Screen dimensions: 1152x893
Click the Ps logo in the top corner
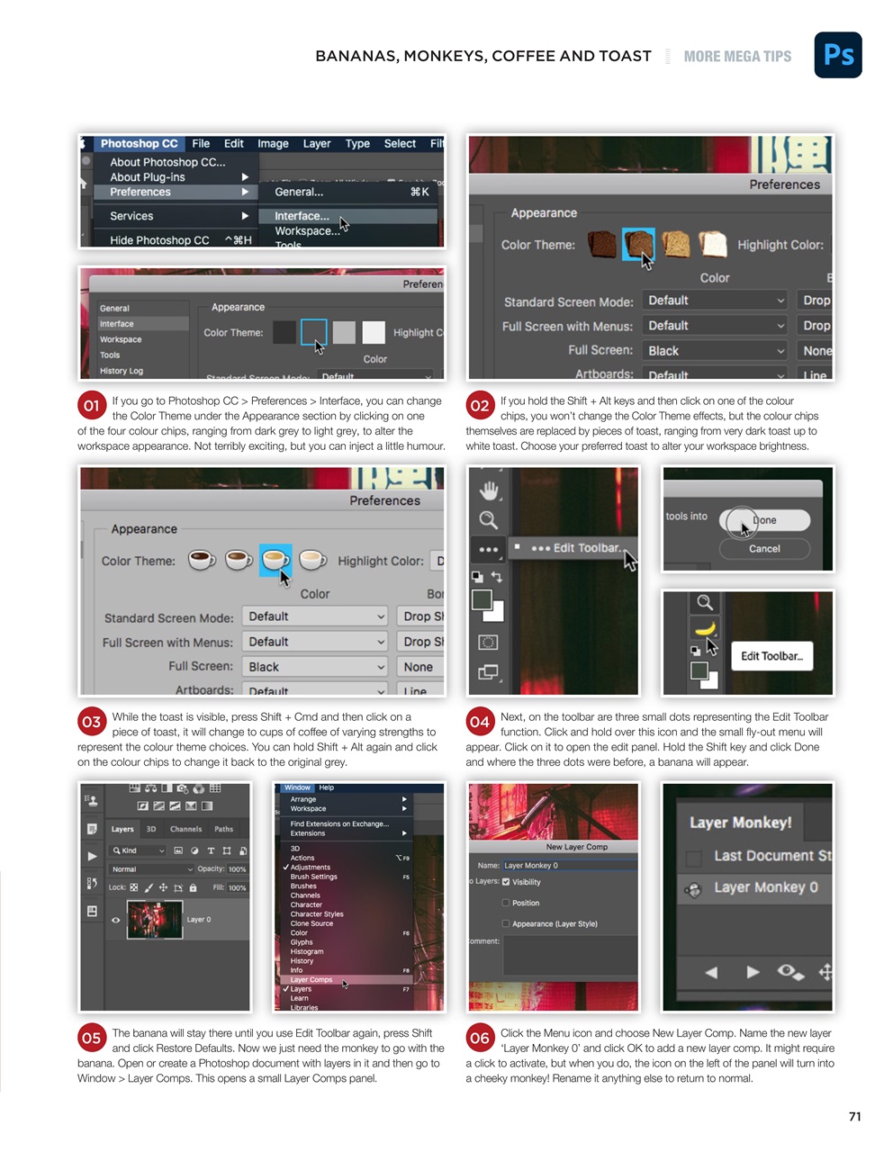[838, 55]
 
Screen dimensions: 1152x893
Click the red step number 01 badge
[92, 406]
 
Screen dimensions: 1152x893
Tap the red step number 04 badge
[480, 721]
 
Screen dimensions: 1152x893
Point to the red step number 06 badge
[480, 1038]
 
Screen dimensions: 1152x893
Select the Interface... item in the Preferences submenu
[302, 216]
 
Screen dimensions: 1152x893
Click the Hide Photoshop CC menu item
[159, 240]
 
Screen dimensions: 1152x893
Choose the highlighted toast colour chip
[638, 244]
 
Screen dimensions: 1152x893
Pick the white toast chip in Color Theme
[713, 244]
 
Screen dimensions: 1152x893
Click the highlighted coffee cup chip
[275, 560]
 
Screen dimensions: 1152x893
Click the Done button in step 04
[765, 520]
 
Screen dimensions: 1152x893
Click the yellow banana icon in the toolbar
[705, 628]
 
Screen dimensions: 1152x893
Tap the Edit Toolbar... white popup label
[771, 656]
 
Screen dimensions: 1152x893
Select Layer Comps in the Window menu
[311, 979]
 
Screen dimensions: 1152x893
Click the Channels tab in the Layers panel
[185, 829]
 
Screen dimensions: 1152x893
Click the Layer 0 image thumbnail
[155, 920]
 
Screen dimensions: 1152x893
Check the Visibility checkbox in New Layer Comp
[506, 882]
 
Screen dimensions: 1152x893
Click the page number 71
[854, 1116]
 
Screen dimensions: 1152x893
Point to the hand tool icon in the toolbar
[489, 490]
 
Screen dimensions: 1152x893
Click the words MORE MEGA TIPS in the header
[737, 57]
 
